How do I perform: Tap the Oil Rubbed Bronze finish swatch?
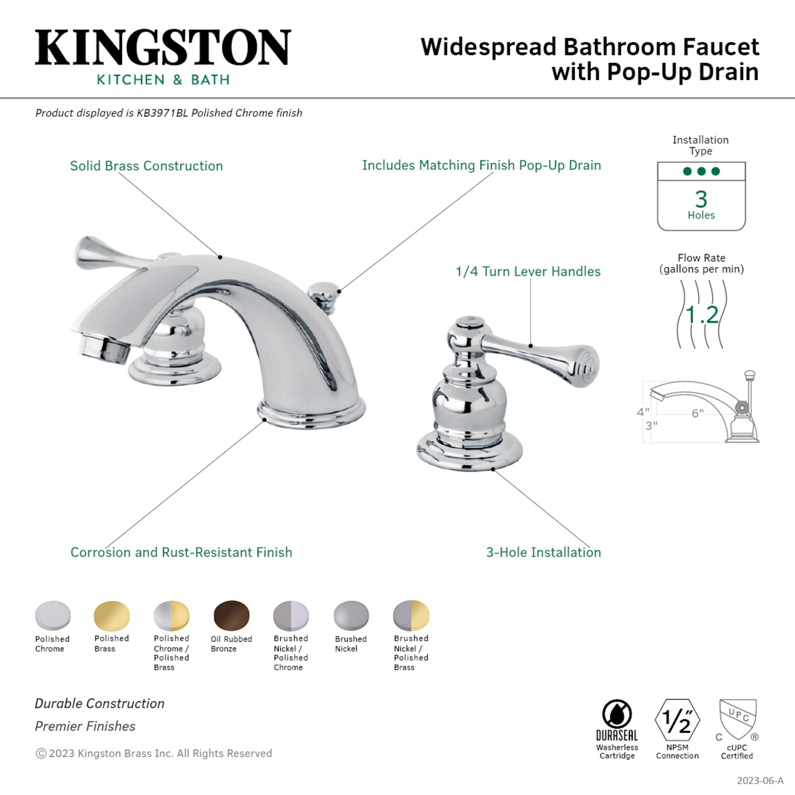click(231, 615)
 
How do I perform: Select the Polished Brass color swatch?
click(112, 615)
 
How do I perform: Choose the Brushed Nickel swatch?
click(351, 616)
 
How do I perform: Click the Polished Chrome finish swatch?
click(53, 615)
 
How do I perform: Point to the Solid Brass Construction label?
click(147, 166)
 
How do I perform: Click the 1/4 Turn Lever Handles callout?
click(528, 271)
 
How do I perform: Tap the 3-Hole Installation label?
click(543, 552)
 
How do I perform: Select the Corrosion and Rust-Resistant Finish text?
click(181, 552)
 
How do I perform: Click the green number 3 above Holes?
click(701, 199)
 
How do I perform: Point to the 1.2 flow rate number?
click(702, 315)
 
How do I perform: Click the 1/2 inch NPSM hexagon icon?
click(677, 721)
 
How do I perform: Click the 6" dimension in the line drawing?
click(698, 413)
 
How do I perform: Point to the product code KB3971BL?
click(162, 113)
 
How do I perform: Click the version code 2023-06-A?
click(760, 781)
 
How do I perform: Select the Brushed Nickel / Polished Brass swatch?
click(411, 615)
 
